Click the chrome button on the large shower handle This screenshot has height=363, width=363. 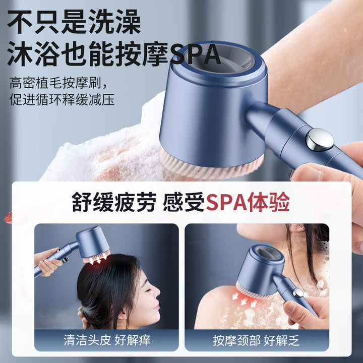[x=320, y=140]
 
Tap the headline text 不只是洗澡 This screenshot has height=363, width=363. [x=74, y=22]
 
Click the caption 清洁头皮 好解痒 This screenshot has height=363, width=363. [x=107, y=340]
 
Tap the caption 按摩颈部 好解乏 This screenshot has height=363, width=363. [x=256, y=340]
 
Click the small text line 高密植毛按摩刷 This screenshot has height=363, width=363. [x=55, y=83]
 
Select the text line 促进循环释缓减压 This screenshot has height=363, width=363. [x=62, y=99]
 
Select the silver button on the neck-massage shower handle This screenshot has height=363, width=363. [x=298, y=292]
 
